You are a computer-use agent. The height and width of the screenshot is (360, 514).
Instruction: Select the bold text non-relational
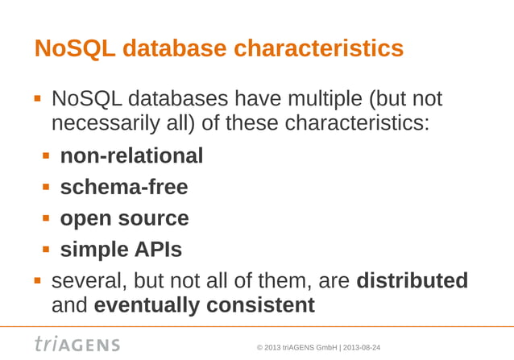(x=131, y=155)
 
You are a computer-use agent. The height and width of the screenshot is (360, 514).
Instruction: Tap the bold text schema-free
(x=124, y=187)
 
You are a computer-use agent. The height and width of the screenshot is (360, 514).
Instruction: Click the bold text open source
(x=124, y=218)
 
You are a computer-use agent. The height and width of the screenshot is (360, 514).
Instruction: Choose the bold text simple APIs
(x=121, y=250)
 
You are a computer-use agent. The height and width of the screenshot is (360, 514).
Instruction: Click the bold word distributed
(x=412, y=281)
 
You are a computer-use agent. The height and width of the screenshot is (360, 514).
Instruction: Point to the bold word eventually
(x=147, y=306)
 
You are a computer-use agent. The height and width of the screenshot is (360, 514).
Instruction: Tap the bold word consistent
(x=260, y=306)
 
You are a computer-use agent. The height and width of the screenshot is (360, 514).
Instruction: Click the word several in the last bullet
(x=86, y=281)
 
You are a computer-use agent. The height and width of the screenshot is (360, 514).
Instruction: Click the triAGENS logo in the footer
(x=77, y=344)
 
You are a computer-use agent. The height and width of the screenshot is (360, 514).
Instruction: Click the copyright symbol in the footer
(x=259, y=347)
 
